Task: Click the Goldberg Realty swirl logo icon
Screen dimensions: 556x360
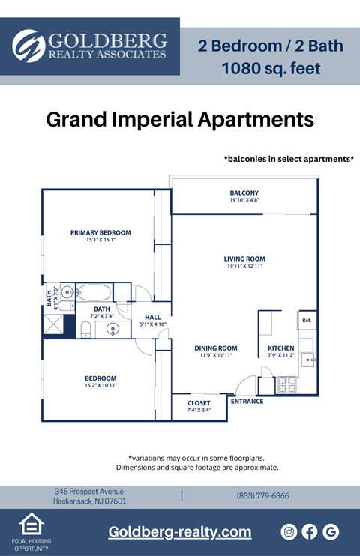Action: [x=29, y=46]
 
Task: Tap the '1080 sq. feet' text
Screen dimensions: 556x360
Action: [x=271, y=69]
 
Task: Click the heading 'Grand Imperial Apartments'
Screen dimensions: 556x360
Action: [x=180, y=119]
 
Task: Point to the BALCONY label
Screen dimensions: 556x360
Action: [x=244, y=193]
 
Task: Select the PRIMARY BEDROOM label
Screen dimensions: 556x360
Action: [x=100, y=232]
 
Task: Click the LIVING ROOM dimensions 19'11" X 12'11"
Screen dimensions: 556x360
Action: [x=244, y=266]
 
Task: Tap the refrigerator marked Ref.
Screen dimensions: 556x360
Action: [x=307, y=321]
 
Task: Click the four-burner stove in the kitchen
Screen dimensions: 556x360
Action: [x=287, y=384]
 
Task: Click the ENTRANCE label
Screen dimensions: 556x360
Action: [x=247, y=402]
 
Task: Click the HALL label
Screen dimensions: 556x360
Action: [x=152, y=317]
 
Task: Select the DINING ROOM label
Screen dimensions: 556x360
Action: [x=216, y=348]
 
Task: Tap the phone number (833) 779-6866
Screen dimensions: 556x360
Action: [x=262, y=496]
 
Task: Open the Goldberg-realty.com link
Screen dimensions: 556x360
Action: [x=180, y=532]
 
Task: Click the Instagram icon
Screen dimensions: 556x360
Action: [x=289, y=531]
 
